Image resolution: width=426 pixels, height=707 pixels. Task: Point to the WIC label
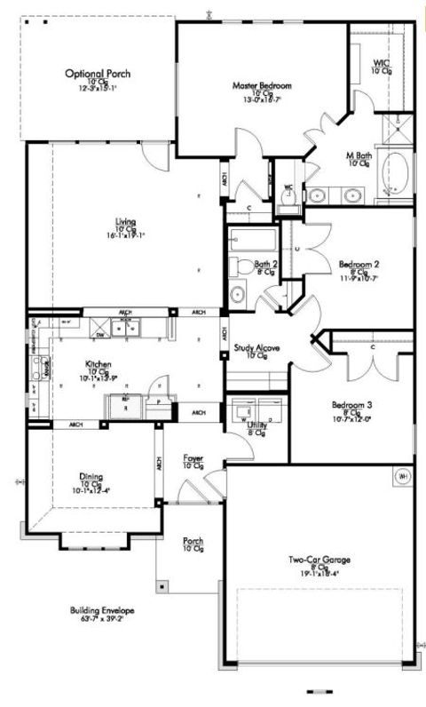pyautogui.click(x=382, y=63)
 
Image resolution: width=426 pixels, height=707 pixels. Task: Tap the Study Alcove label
pyautogui.click(x=257, y=347)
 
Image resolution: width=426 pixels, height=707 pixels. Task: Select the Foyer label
pyautogui.click(x=193, y=458)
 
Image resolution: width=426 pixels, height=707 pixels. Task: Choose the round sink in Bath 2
pyautogui.click(x=238, y=294)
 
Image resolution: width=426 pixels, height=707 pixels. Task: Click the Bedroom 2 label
pyautogui.click(x=359, y=264)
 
